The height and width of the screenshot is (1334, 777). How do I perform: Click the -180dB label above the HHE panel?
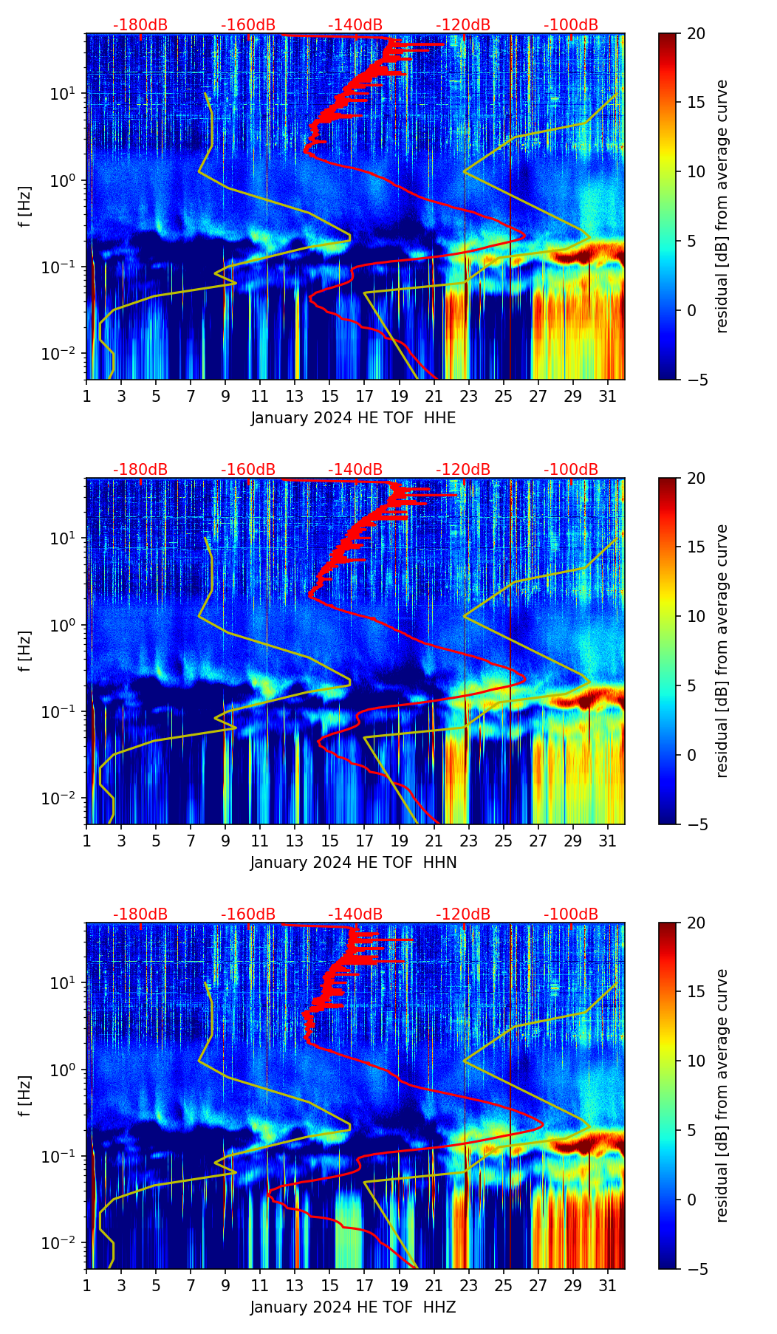[140, 25]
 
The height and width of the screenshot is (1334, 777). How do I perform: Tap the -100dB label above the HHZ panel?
[571, 914]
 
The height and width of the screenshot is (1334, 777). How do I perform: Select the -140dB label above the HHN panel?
[355, 470]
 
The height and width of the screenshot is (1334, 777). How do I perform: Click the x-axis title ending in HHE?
[353, 418]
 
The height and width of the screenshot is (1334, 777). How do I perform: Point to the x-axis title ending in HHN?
[353, 863]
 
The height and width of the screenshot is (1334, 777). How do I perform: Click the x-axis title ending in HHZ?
[353, 1307]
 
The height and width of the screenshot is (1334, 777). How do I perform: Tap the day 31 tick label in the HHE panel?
[608, 396]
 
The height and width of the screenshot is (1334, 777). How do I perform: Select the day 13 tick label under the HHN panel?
[295, 841]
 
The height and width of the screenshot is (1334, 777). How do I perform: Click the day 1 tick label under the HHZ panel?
[86, 1285]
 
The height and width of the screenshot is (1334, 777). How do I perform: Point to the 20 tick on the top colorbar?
[696, 33]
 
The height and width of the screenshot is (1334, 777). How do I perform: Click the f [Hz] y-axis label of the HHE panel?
[24, 206]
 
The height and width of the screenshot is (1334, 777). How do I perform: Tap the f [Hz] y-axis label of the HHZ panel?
[24, 1095]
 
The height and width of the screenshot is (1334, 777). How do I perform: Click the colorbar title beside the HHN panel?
[722, 651]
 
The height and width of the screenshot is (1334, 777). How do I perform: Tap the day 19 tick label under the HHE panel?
[400, 396]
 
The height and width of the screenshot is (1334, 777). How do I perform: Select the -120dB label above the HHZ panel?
[463, 914]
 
